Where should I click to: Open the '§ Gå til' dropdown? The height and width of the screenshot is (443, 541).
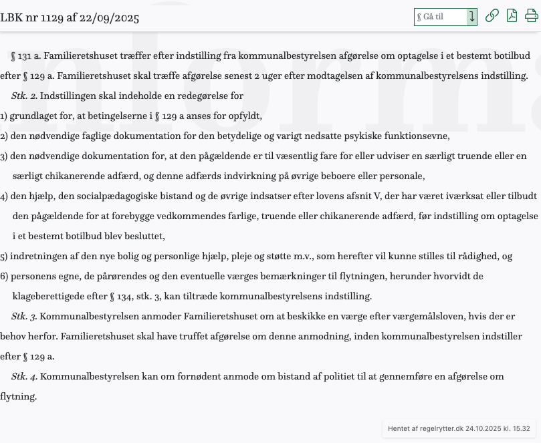tap(445, 17)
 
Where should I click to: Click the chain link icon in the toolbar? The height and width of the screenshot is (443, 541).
tap(492, 16)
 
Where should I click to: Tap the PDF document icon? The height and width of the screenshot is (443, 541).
tap(512, 16)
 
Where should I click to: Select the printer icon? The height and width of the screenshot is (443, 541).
tap(532, 16)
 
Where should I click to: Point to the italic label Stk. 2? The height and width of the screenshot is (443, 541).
tap(24, 96)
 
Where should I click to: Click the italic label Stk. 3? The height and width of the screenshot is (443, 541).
tap(24, 316)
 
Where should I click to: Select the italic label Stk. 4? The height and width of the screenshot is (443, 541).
tap(24, 376)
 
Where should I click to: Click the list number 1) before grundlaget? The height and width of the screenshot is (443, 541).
tap(4, 116)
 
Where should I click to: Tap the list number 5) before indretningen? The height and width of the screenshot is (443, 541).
tap(4, 256)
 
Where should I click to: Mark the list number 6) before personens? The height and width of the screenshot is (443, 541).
tap(4, 276)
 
